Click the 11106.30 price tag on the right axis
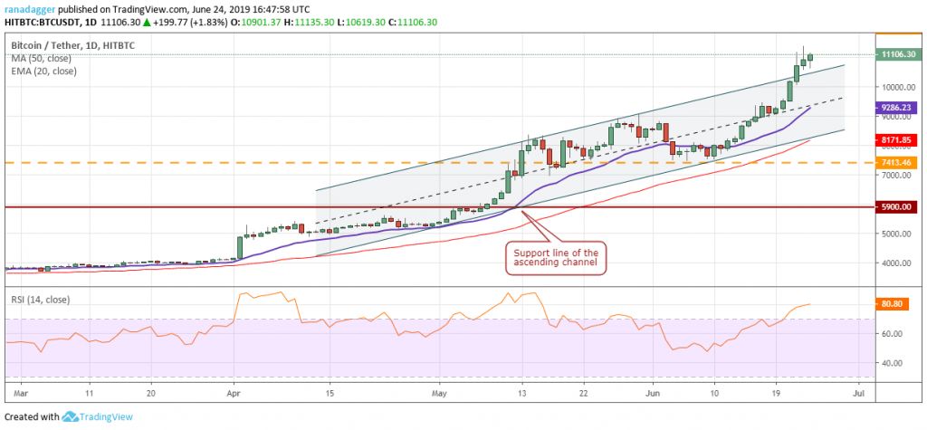[898, 54]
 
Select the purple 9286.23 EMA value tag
[898, 107]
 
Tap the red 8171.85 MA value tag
[898, 140]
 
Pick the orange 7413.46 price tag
[898, 162]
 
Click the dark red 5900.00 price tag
[898, 206]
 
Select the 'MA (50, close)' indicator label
[41, 58]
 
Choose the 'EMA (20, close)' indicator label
[43, 72]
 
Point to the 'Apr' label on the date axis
[234, 394]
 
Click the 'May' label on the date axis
[440, 394]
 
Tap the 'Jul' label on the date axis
[859, 394]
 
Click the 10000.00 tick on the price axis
[896, 88]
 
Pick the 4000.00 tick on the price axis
[896, 263]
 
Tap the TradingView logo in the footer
[100, 416]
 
